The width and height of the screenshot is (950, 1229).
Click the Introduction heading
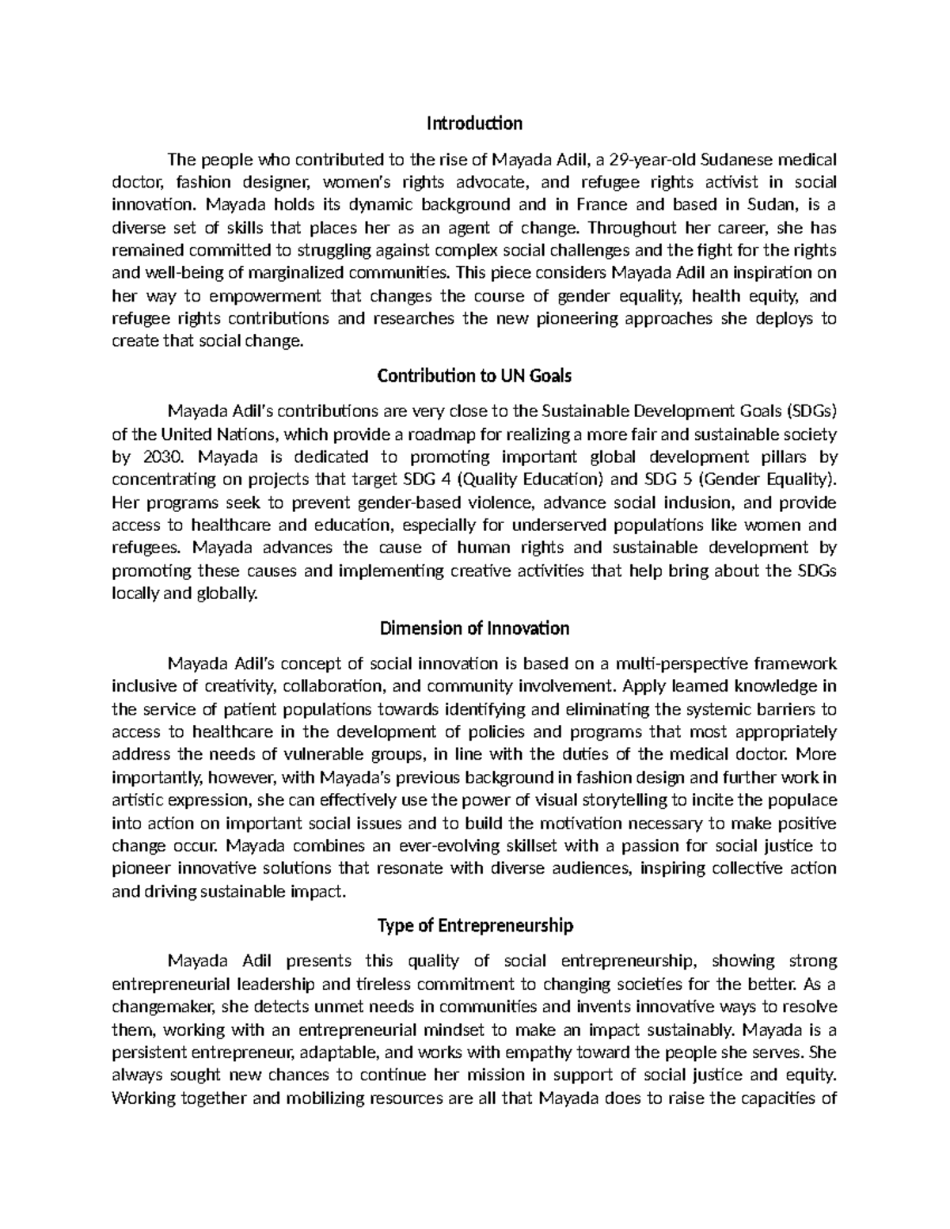[474, 123]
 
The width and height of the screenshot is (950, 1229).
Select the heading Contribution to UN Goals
[474, 376]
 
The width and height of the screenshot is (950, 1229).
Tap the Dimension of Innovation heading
[474, 628]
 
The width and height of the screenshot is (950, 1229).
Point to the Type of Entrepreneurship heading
[474, 926]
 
